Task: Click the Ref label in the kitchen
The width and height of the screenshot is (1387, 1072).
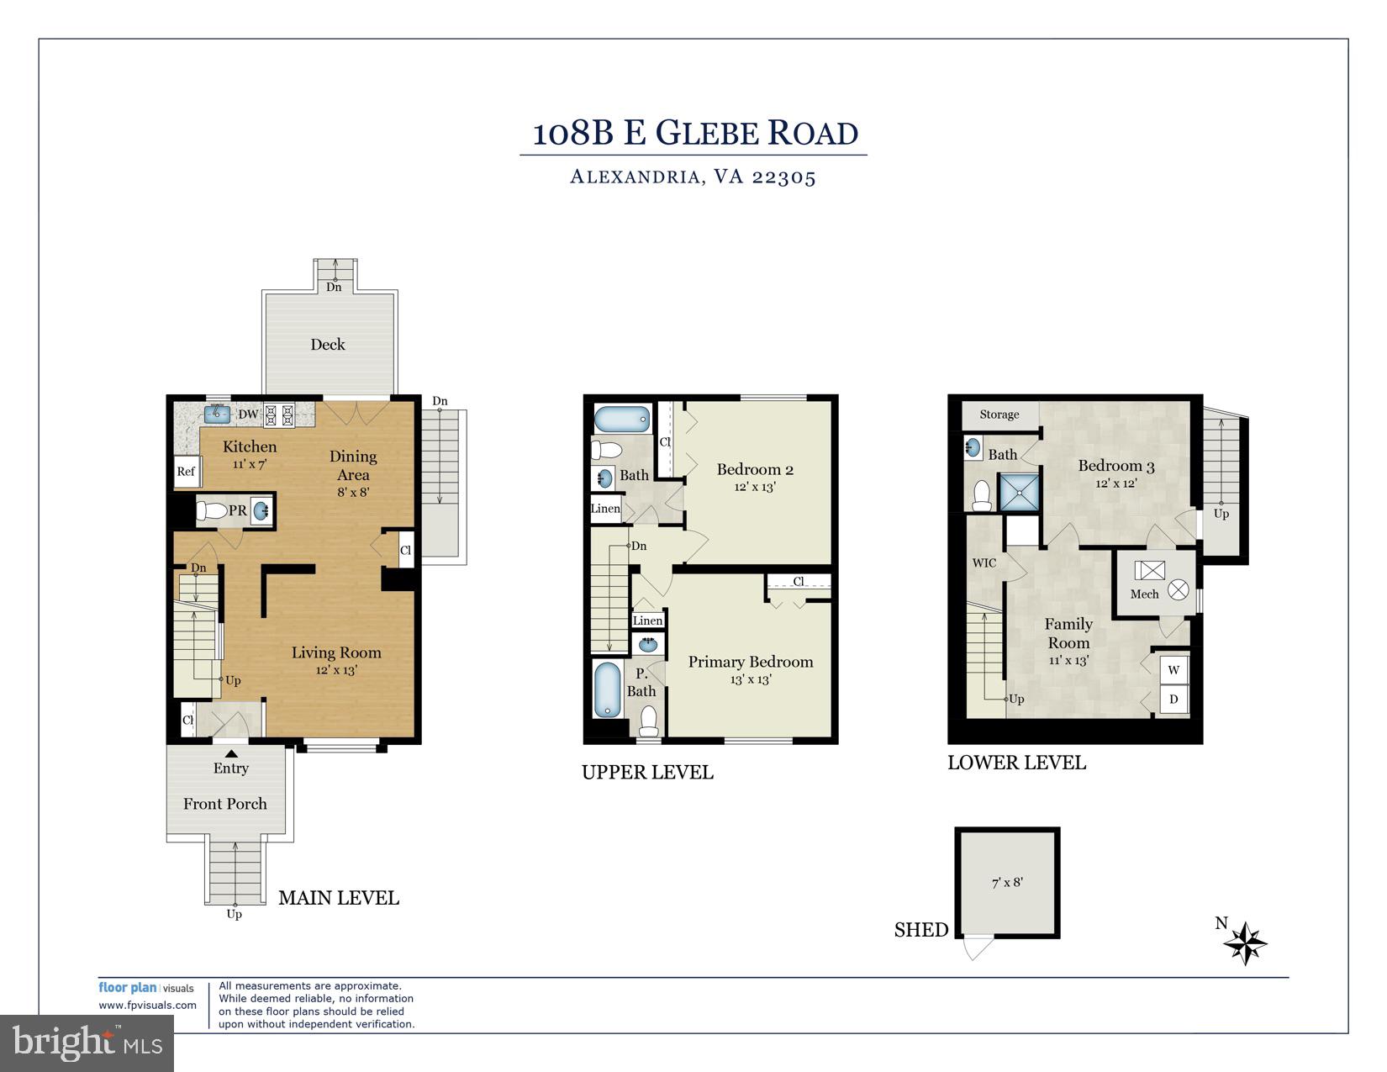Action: point(186,472)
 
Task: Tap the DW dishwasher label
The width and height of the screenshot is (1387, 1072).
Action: point(248,414)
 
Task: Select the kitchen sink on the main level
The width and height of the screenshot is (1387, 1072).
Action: point(217,413)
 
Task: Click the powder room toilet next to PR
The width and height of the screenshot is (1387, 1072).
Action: point(211,510)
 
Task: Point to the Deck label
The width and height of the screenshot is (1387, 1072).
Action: point(328,344)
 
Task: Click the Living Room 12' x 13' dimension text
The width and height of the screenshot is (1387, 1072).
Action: point(336,670)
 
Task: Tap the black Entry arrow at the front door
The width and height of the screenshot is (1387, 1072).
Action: point(231,753)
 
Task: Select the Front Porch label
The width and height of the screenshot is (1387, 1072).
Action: point(225,804)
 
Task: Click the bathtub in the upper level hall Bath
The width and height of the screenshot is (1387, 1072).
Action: point(622,419)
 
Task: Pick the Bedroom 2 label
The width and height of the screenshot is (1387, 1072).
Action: point(755,469)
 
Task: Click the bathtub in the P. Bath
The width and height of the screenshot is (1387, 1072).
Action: point(607,689)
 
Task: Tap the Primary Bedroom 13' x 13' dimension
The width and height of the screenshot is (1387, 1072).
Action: point(751,679)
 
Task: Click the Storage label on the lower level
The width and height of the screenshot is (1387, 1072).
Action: point(999,415)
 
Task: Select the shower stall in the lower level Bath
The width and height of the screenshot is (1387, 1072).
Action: point(1018,492)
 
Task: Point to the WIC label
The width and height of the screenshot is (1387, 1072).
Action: point(984,562)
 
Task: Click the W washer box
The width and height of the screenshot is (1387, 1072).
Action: point(1174,670)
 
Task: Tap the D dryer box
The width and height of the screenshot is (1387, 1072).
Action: point(1174,699)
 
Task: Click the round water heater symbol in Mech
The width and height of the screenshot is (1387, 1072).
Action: point(1179,589)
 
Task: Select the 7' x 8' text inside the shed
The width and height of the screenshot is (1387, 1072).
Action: point(1007,882)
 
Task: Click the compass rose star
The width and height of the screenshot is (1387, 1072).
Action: point(1245,943)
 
